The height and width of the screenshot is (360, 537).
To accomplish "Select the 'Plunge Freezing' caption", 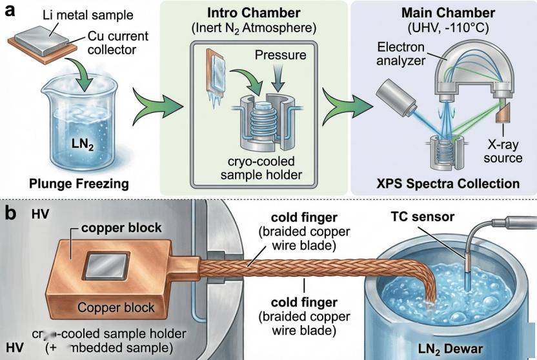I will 79,184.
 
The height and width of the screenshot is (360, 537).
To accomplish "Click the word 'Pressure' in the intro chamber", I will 279,55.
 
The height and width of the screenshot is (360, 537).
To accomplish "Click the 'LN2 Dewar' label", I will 455,348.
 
